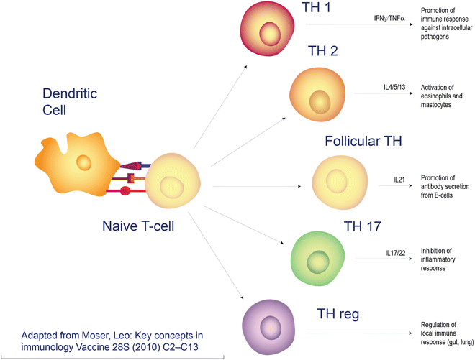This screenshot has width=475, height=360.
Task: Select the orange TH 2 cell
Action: point(317,93)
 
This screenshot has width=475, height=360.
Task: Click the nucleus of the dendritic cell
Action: point(84,162)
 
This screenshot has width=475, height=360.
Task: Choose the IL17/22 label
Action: point(398,253)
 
